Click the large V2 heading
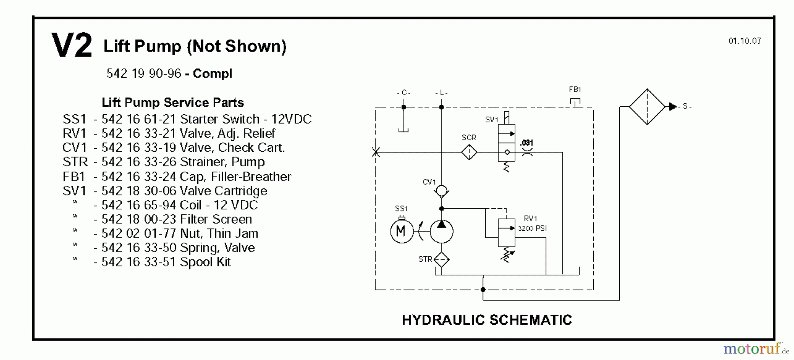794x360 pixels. [x=71, y=45]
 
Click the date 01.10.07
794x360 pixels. [x=745, y=41]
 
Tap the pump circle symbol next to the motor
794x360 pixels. [x=442, y=231]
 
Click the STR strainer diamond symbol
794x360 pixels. [x=442, y=260]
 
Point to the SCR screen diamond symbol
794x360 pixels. [x=469, y=152]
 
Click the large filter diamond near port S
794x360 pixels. [x=647, y=107]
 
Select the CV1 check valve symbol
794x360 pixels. [x=441, y=191]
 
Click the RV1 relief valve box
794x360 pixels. [x=506, y=232]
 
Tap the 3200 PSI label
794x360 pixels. [x=532, y=229]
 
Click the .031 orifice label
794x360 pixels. [x=526, y=143]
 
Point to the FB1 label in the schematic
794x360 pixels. [x=575, y=90]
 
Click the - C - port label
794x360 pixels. [x=404, y=93]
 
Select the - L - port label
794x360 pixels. [x=441, y=93]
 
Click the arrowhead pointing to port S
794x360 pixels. [x=673, y=106]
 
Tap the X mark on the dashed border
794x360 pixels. [x=376, y=152]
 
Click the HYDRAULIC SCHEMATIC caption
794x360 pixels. [x=487, y=320]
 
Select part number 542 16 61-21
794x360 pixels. [x=139, y=119]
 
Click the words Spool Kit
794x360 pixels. [x=206, y=262]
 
